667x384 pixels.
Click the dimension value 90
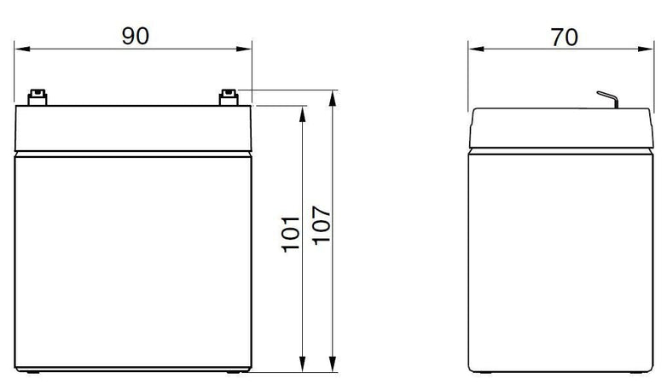tap(134, 35)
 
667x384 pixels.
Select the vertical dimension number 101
tap(291, 233)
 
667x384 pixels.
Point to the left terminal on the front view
tap(37, 98)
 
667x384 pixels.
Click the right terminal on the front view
tap(229, 98)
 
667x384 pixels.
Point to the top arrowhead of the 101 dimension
tap(303, 112)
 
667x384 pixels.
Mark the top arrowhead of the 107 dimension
tap(333, 96)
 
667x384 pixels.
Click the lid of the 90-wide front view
tap(134, 129)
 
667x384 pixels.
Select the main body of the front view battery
tap(134, 260)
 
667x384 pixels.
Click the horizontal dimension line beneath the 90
tap(85, 49)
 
